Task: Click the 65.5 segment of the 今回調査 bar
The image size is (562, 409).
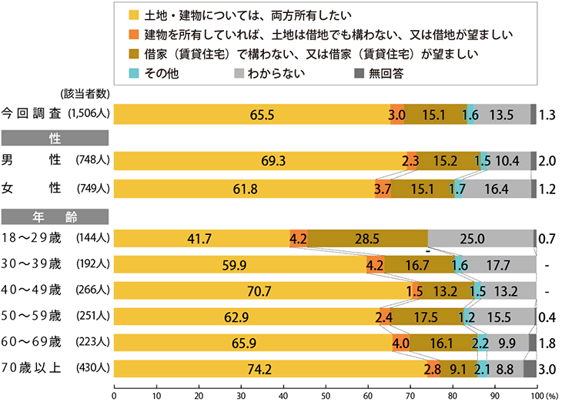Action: point(252,114)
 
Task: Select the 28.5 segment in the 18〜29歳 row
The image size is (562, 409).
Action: point(368,239)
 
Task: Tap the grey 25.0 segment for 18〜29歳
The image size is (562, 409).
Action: point(480,239)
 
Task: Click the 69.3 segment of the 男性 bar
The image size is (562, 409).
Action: point(260,161)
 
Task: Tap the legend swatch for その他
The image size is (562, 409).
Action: point(135,74)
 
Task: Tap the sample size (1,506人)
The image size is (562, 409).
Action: point(90,114)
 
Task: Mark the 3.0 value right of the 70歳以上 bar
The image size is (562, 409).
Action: point(547,369)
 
